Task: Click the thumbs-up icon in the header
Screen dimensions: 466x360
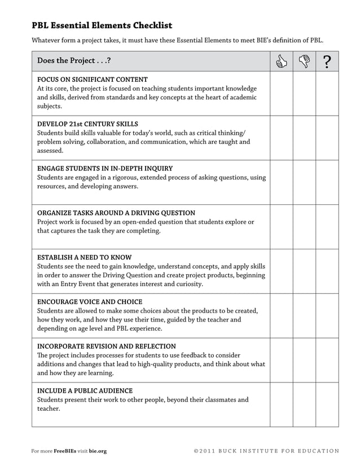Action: point(281,61)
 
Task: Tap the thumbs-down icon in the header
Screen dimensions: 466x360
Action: point(304,61)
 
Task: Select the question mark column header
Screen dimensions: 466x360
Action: point(327,61)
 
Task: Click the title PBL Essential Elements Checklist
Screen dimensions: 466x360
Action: point(102,25)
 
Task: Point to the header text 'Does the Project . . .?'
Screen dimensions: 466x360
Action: point(74,61)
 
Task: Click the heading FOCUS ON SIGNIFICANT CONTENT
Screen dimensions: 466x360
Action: point(93,79)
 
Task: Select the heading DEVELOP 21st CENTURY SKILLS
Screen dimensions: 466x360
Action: point(87,124)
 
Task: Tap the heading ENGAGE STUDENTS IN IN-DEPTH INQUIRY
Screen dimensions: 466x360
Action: point(105,168)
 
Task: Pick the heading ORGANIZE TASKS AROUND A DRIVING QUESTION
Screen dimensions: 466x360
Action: point(116,213)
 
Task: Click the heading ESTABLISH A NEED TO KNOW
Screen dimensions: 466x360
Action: point(84,257)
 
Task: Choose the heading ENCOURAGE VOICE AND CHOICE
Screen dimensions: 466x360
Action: point(90,301)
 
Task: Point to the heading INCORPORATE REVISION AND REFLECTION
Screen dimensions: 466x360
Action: point(107,346)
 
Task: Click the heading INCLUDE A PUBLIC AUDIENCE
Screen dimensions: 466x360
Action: point(85,390)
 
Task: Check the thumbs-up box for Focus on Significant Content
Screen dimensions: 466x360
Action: point(281,93)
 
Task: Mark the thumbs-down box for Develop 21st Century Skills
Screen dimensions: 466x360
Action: point(304,138)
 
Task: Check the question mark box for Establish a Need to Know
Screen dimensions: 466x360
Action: point(327,271)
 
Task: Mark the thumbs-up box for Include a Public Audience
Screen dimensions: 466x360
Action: point(281,405)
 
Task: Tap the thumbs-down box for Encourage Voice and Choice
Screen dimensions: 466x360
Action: point(304,316)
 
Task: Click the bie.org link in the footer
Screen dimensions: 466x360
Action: point(98,451)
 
